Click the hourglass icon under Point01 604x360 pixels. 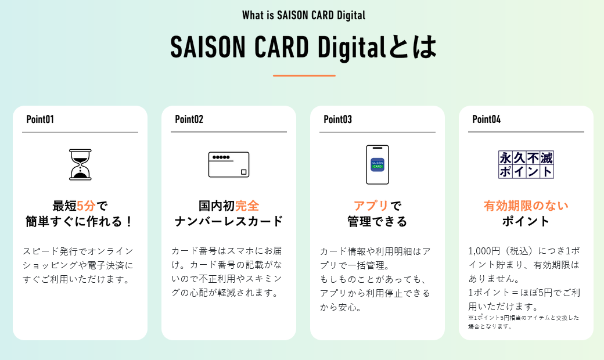point(80,164)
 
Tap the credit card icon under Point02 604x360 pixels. point(229,164)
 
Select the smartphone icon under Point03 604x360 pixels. point(378,164)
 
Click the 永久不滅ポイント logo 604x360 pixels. point(526,164)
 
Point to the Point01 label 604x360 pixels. point(40,120)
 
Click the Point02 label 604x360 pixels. point(189,120)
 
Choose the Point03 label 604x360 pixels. point(338,120)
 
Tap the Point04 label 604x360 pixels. point(487,120)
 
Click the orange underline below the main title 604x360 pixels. point(304,75)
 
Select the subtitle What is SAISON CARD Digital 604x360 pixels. point(304,16)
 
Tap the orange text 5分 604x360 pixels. point(86,206)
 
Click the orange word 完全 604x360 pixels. point(247,206)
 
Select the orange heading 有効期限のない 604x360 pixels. point(526,206)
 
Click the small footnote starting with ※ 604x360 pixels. point(524,322)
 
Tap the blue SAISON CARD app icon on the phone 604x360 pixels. point(378,165)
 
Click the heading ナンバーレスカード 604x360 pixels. point(229,221)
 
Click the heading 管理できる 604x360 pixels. point(378,221)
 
